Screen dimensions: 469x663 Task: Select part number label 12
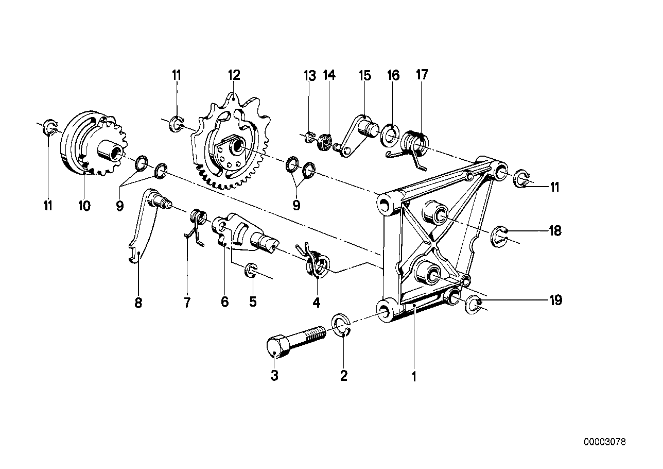click(x=234, y=75)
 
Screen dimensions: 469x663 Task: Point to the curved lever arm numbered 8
click(x=142, y=227)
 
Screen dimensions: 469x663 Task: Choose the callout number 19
click(x=555, y=300)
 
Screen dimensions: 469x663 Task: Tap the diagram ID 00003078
click(x=605, y=442)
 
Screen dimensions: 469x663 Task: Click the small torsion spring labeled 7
click(x=195, y=222)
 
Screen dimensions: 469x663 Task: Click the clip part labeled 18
click(x=499, y=235)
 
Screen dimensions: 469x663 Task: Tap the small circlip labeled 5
click(x=252, y=271)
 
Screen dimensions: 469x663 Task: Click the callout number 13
click(x=309, y=76)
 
